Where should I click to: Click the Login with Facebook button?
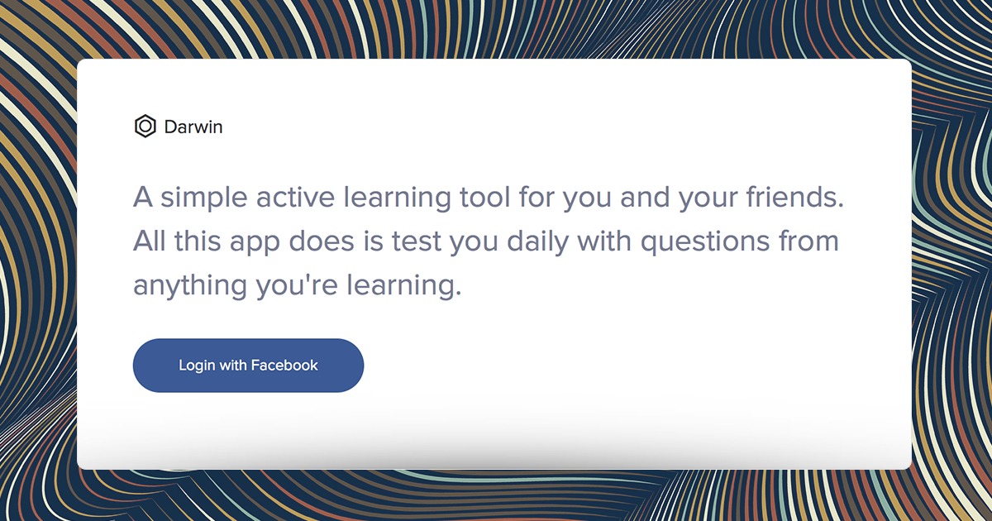(248, 366)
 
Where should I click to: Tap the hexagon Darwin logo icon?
(145, 127)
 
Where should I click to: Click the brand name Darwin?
(193, 127)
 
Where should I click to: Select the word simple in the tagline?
(203, 198)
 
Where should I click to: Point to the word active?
(295, 197)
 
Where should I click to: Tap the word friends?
(795, 197)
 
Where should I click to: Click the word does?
(322, 241)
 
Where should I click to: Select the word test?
(417, 241)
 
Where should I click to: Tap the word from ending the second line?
(809, 241)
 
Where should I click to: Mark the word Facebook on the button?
(284, 365)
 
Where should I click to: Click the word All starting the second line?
(150, 241)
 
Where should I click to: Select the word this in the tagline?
(198, 241)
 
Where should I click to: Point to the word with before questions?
(605, 241)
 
